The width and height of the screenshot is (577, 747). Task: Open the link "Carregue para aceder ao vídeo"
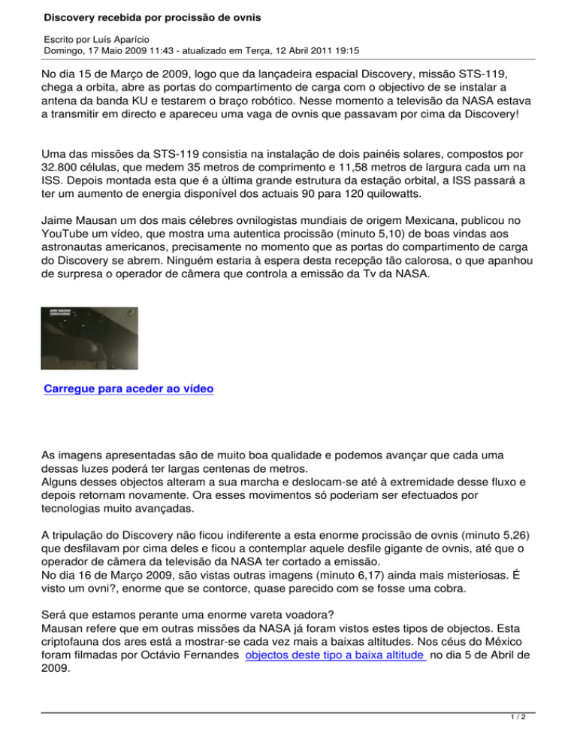(x=129, y=389)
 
